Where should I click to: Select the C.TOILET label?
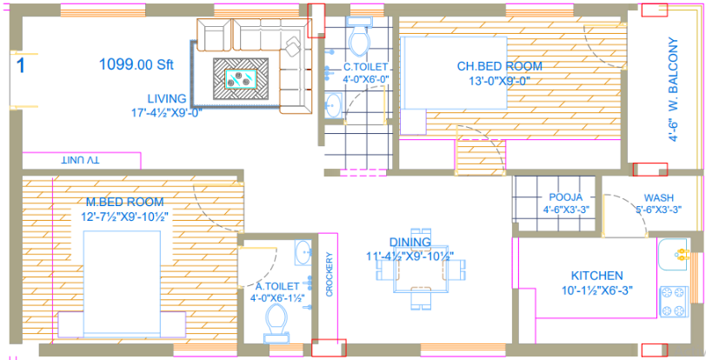click(x=365, y=66)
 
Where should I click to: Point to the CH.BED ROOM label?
click(x=499, y=66)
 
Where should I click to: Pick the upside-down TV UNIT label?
click(x=80, y=161)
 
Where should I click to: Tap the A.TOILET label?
click(x=277, y=285)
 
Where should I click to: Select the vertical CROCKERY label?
click(x=330, y=275)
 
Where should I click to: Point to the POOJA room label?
click(x=566, y=197)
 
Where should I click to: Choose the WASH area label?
click(x=658, y=197)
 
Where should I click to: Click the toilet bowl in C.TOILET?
click(x=357, y=39)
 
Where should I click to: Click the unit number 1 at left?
click(x=20, y=63)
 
